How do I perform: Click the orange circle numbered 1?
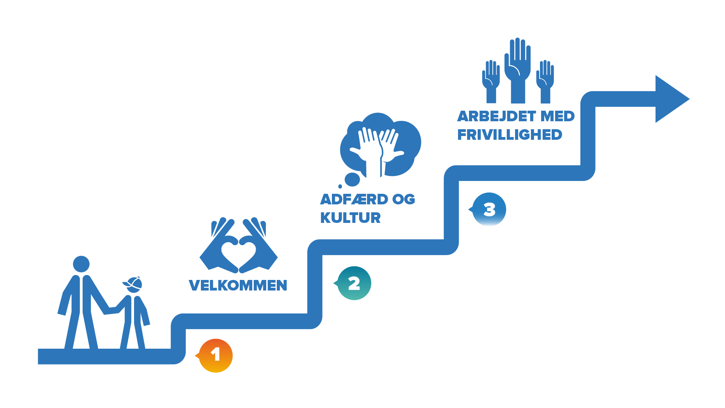point(216,355)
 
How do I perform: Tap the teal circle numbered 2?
point(354,283)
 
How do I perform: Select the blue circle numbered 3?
point(489,209)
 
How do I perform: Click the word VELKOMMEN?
point(238,286)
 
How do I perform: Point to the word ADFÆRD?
point(354,199)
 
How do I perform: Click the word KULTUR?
point(350,218)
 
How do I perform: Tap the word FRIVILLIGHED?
point(509,135)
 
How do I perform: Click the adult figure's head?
point(81,264)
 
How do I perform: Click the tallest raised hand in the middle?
point(518,68)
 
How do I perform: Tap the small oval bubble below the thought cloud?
point(352,179)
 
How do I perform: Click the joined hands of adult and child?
point(113,310)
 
